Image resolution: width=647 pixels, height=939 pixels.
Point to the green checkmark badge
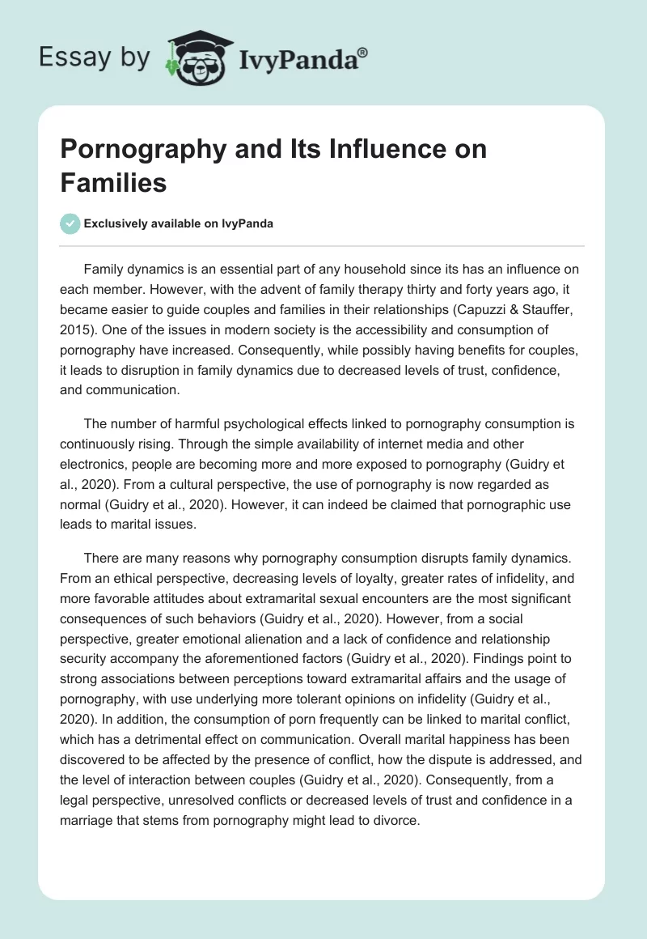click(70, 223)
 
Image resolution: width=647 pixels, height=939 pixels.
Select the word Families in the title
click(113, 182)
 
